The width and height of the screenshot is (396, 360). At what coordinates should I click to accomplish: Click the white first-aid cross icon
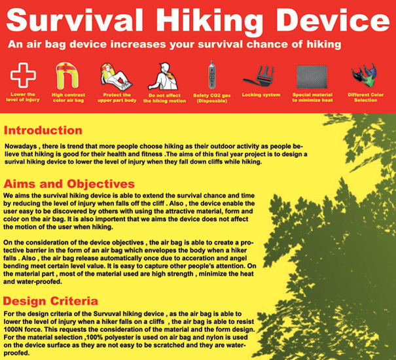click(x=23, y=75)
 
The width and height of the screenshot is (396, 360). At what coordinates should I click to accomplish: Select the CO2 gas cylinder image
click(x=212, y=75)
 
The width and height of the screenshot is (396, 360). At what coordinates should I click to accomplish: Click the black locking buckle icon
click(x=259, y=76)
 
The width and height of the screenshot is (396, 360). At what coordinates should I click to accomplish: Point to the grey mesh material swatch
click(x=312, y=77)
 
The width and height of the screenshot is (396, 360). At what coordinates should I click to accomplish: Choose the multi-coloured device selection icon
click(x=364, y=75)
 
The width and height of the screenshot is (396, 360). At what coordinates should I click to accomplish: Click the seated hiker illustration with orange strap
click(x=164, y=77)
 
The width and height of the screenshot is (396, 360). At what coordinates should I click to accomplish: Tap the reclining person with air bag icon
click(x=116, y=77)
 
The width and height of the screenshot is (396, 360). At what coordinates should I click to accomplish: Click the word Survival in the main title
click(x=75, y=20)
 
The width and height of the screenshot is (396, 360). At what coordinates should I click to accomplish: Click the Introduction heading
click(x=43, y=130)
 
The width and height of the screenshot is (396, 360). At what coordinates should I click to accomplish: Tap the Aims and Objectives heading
click(x=69, y=184)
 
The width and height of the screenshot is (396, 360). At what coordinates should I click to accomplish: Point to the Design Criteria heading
click(x=50, y=301)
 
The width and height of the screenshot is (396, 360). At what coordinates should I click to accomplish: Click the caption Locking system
click(x=261, y=95)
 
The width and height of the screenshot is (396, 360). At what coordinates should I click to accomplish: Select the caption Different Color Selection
click(x=365, y=98)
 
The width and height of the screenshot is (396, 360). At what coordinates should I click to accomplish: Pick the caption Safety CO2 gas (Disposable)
click(x=211, y=98)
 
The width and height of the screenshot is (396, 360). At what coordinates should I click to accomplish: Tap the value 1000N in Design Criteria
click(x=14, y=329)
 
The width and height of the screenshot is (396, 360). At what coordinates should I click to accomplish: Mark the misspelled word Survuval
click(x=107, y=314)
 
